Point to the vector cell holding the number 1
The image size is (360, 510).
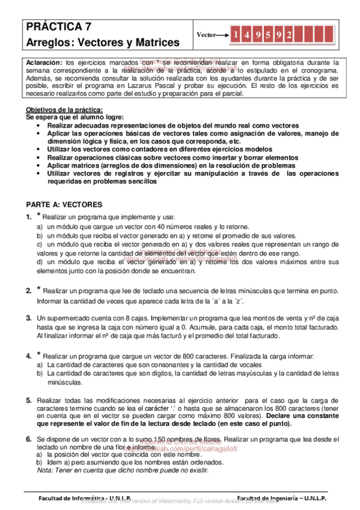coord(237,35)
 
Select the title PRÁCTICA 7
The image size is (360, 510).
coord(59,26)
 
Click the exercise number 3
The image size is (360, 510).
coord(28,318)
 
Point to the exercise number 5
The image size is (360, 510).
coord(28,400)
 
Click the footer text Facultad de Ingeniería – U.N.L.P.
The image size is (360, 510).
coord(281,499)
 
